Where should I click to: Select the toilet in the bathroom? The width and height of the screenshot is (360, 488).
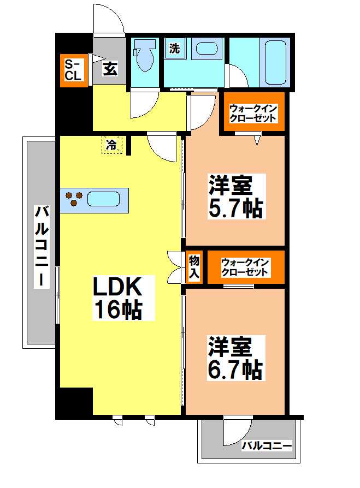[145, 56]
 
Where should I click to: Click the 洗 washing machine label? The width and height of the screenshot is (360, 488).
[174, 48]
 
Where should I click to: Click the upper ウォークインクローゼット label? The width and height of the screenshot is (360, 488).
[253, 113]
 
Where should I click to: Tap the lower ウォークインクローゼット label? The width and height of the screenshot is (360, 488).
[245, 267]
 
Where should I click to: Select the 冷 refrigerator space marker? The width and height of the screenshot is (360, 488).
[111, 145]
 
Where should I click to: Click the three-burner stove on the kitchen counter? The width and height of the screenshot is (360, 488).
[74, 199]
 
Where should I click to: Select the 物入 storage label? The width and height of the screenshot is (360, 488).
[194, 267]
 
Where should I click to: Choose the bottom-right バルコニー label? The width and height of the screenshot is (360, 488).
[267, 446]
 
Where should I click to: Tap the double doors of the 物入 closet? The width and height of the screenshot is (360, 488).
[175, 267]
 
